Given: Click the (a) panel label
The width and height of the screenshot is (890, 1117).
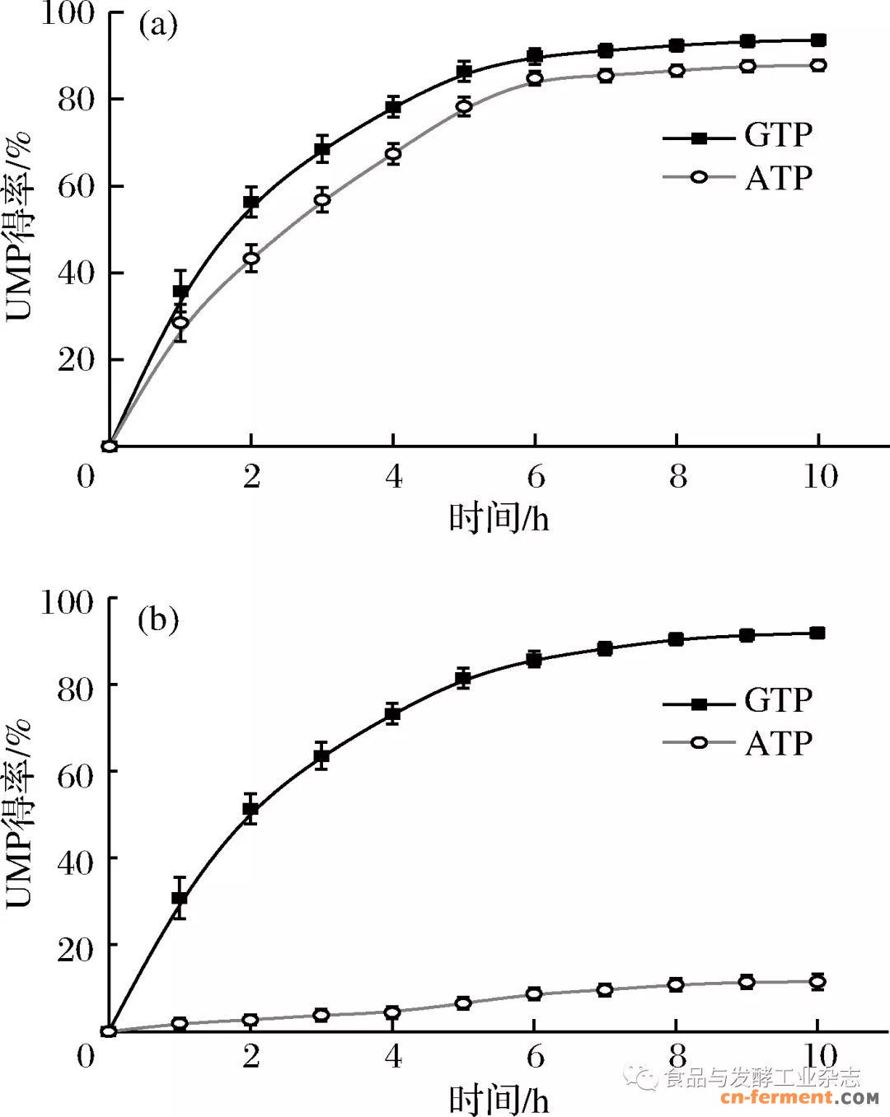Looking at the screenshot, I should point(157,26).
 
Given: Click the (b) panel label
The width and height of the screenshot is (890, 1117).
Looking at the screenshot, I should point(158,619).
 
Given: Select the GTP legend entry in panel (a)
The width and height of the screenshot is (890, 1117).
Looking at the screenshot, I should point(738,135).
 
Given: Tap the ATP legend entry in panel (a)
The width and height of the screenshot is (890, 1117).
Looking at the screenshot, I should point(738,177).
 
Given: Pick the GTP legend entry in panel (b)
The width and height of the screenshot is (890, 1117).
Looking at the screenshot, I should point(738,701).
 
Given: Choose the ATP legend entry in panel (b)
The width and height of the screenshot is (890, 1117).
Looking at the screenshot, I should point(738,743).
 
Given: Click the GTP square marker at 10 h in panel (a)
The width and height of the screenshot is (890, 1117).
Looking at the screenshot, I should point(818,40).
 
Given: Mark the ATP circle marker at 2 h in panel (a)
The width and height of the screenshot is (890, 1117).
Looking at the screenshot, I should point(251,258).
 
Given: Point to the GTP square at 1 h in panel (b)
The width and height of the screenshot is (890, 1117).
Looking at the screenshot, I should point(180,898).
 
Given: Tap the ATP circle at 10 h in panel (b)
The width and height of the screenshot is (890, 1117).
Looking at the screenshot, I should point(817,981).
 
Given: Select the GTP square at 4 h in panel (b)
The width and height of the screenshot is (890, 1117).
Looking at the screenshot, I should point(393,714).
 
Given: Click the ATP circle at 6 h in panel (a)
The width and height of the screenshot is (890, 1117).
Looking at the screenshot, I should point(535,79).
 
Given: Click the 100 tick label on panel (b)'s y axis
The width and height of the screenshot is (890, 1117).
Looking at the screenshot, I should point(68,602).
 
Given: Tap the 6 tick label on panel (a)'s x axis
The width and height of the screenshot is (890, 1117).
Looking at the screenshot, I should point(536,476).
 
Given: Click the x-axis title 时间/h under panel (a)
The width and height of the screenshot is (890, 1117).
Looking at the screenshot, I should point(499,519).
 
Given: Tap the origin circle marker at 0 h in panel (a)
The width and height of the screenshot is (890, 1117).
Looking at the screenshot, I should point(110,446).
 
